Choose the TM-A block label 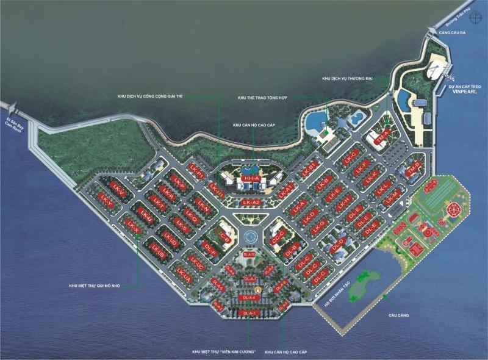pyautogui.click(x=382, y=136)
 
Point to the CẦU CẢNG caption pyautogui.click(x=397, y=315)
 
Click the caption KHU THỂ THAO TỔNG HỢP pyautogui.click(x=262, y=98)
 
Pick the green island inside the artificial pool pyautogui.click(x=362, y=287)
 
